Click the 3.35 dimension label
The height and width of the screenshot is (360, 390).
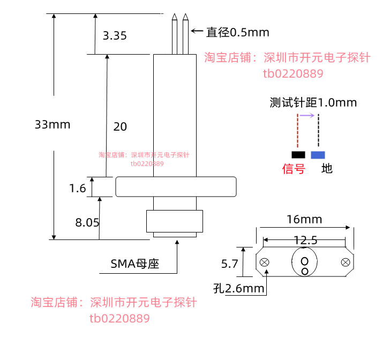(x=115, y=35)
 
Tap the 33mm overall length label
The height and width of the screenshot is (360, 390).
(x=52, y=125)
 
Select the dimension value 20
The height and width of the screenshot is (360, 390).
(x=120, y=126)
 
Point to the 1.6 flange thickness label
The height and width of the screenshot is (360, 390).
(x=77, y=189)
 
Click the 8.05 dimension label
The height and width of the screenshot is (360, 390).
(x=87, y=222)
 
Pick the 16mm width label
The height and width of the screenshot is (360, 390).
(x=304, y=220)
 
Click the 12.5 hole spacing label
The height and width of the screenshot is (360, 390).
(x=306, y=240)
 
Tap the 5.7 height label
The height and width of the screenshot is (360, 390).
(x=230, y=264)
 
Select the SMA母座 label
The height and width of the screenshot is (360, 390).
(x=135, y=264)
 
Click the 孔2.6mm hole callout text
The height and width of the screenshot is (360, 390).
(x=238, y=288)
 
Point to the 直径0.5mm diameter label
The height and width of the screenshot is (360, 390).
(x=238, y=32)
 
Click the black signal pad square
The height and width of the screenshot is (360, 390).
(x=298, y=155)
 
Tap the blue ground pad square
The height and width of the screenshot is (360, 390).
(x=318, y=155)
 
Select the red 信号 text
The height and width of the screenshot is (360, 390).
(x=294, y=169)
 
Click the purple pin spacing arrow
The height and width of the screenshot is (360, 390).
(x=307, y=115)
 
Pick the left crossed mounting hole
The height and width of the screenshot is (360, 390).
(x=265, y=262)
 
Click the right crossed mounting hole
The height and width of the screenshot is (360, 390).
(x=346, y=262)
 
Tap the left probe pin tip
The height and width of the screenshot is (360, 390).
(x=175, y=14)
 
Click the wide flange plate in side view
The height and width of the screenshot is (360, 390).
(x=176, y=186)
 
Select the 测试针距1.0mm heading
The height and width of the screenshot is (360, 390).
(x=313, y=102)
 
